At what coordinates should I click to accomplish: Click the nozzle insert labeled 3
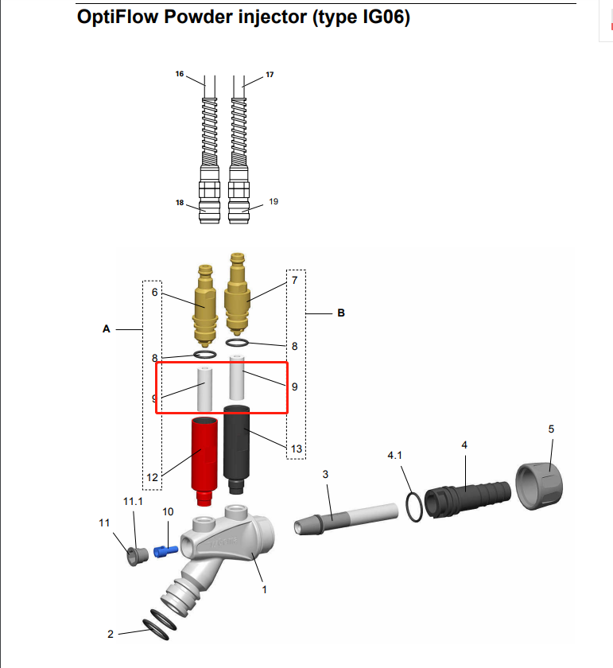(342, 521)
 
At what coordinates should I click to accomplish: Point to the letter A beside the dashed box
(106, 328)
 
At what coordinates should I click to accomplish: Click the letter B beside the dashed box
(341, 313)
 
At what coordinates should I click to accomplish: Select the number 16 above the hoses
(180, 74)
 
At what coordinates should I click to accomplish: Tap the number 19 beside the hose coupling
(274, 202)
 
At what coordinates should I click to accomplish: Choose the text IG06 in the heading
(381, 17)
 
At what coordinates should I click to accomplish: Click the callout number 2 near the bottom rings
(111, 634)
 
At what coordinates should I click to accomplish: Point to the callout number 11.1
(132, 502)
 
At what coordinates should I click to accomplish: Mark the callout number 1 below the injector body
(264, 589)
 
